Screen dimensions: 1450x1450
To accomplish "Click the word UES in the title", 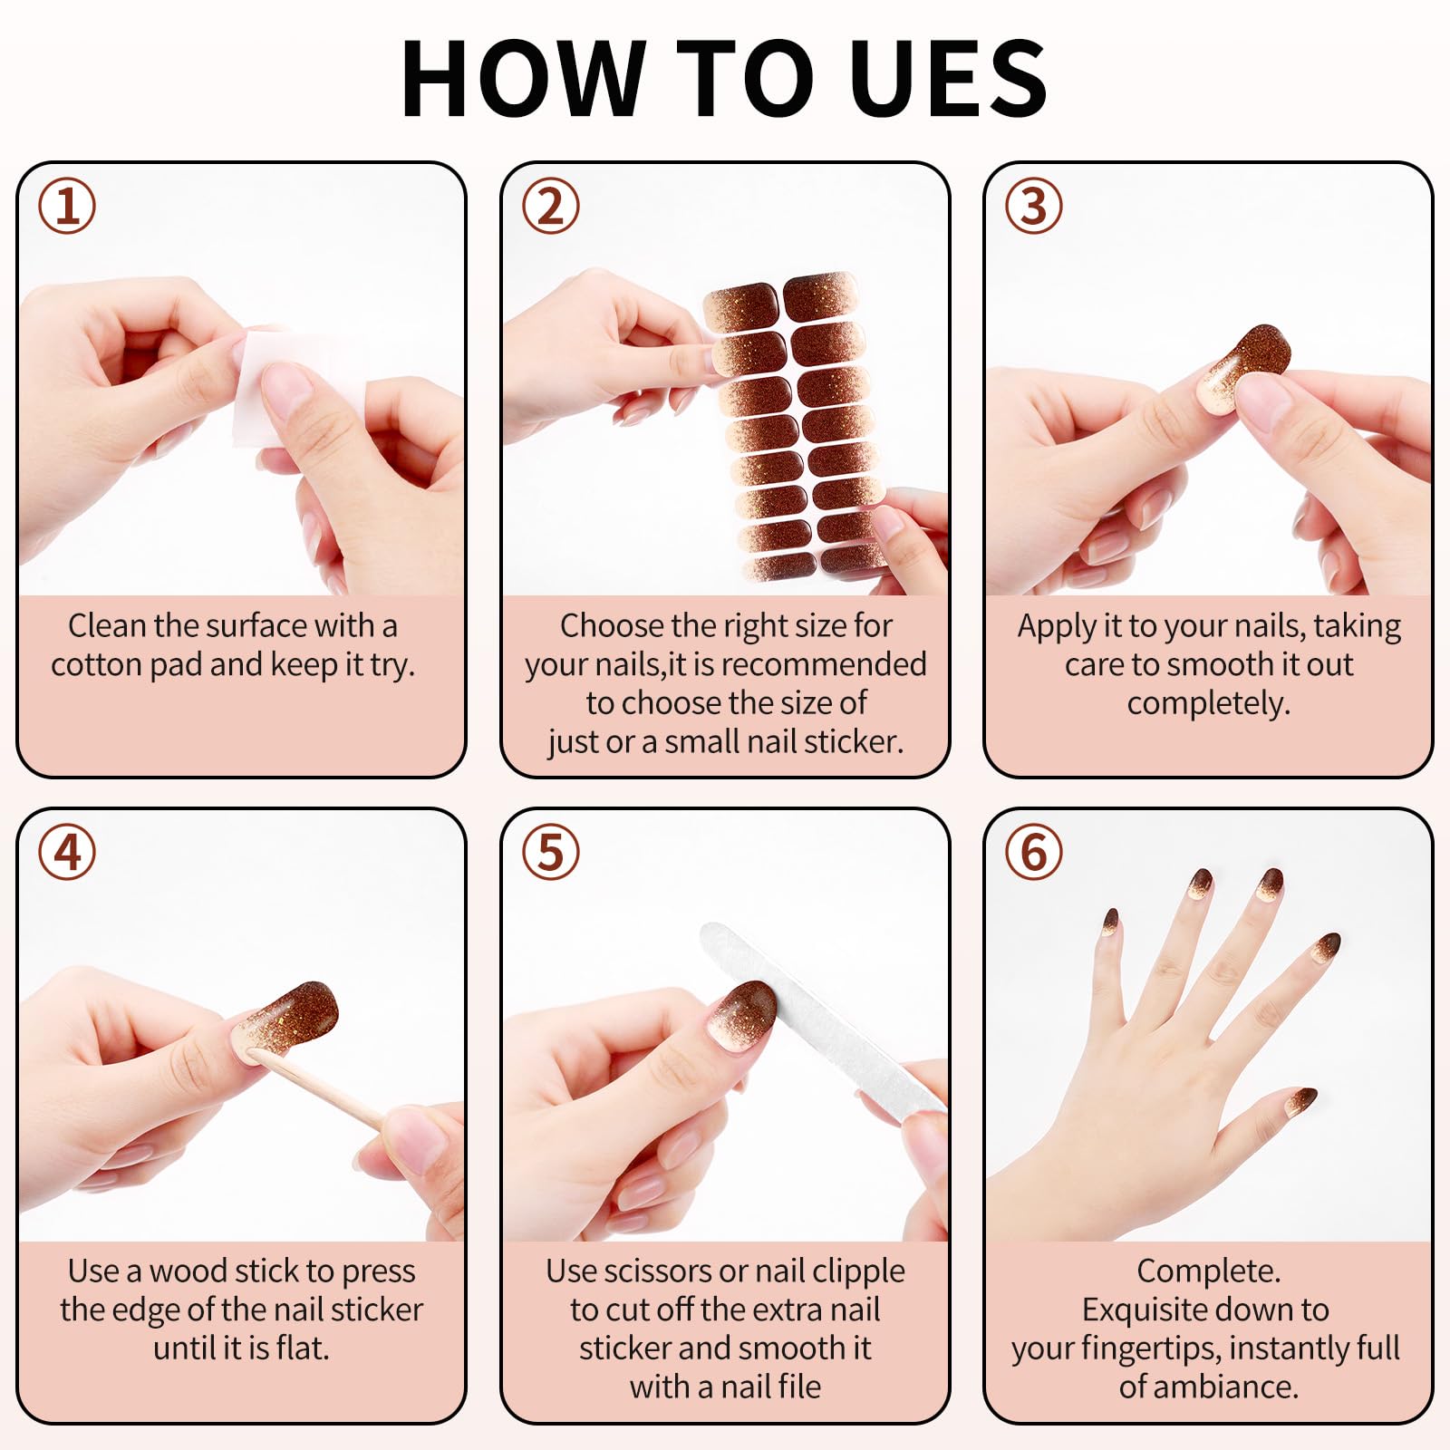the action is (x=949, y=78).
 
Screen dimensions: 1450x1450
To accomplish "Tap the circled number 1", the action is (x=67, y=207).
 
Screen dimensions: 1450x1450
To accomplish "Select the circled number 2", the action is (x=551, y=207).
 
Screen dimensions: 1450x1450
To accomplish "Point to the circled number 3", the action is (x=1034, y=207).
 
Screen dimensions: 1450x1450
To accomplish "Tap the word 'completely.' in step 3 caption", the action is (x=1209, y=703).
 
